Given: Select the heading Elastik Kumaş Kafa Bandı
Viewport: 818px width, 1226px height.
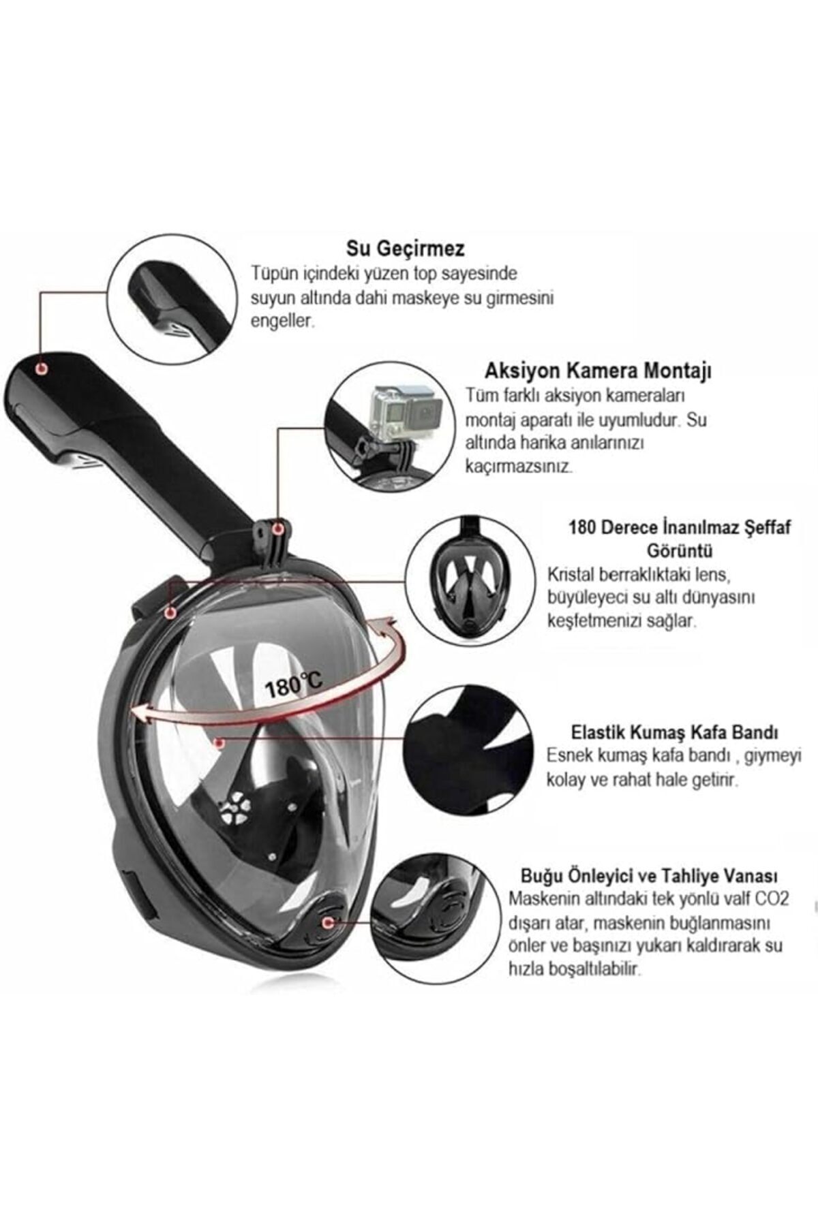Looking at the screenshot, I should point(673,733).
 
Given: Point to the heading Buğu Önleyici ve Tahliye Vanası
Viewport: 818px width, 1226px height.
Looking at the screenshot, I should point(649,875).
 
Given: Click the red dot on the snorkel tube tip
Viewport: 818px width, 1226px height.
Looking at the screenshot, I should point(42,368).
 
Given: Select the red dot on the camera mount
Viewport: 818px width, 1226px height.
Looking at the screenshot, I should point(277,529).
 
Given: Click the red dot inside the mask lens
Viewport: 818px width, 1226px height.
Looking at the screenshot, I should point(217,742).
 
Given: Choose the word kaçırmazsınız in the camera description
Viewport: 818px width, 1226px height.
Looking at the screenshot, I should point(519,467).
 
